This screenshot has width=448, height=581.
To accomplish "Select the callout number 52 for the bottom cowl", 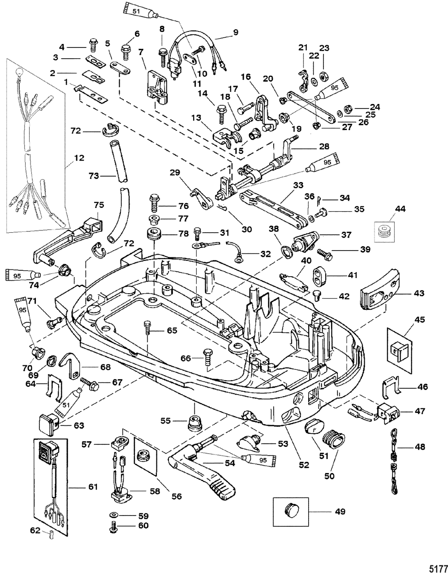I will pyautogui.click(x=304, y=465).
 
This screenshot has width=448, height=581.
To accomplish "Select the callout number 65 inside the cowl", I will pyautogui.click(x=160, y=330).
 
